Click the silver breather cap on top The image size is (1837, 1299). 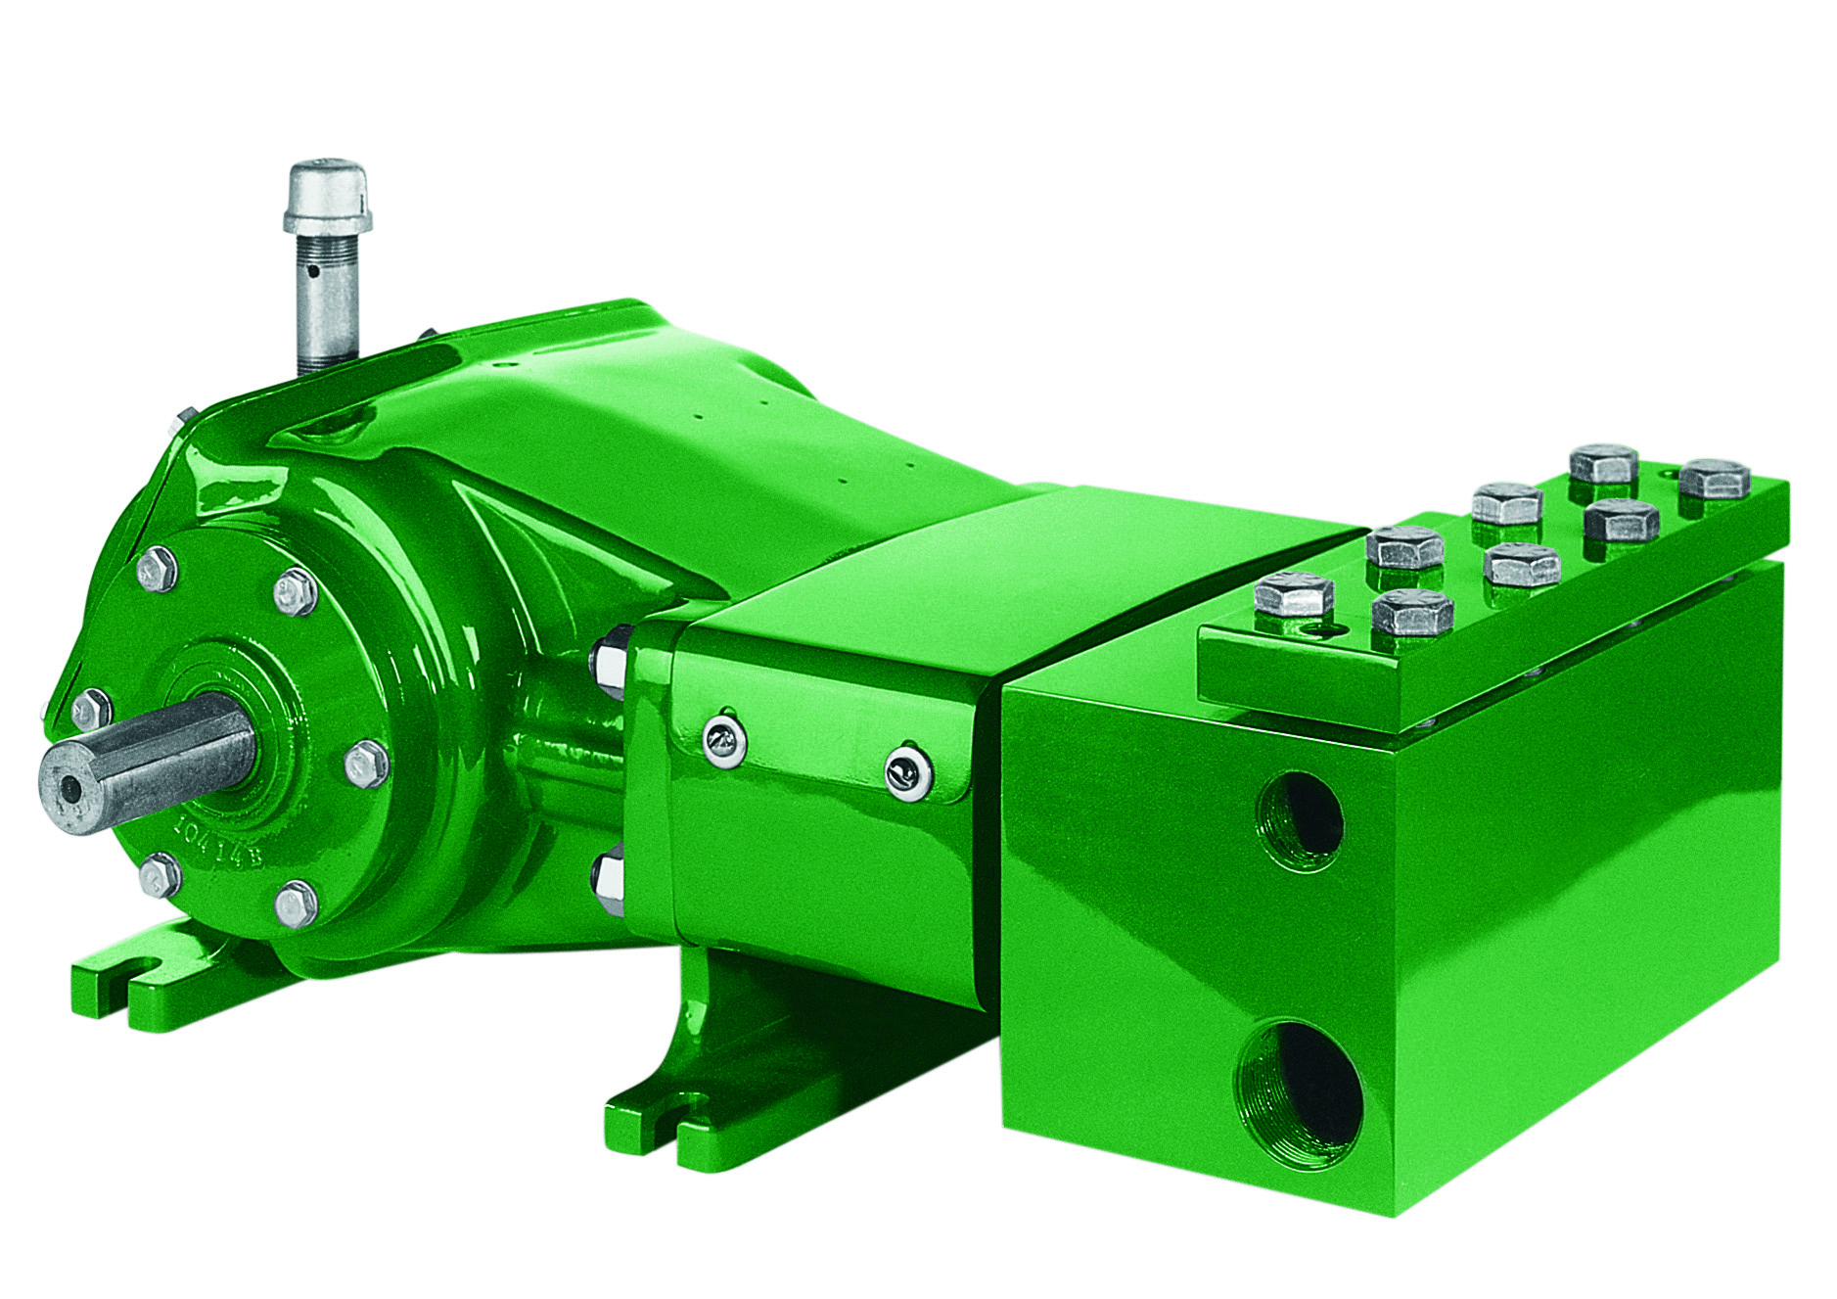(327, 195)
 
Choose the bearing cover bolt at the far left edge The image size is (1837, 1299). (91, 706)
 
